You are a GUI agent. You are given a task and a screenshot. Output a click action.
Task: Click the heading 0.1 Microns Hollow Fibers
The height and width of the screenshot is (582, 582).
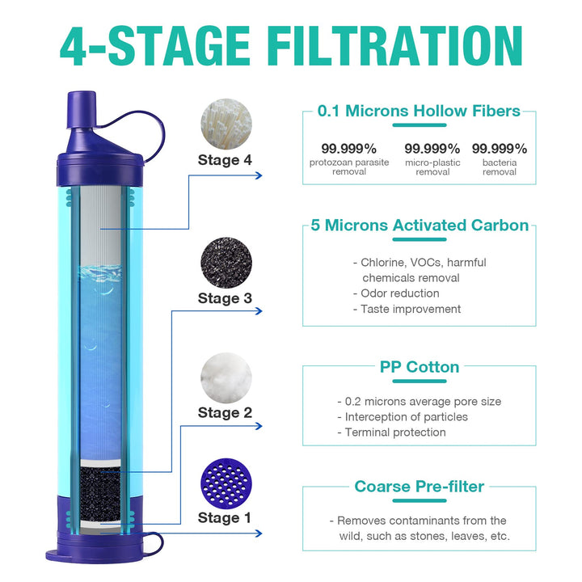click(419, 112)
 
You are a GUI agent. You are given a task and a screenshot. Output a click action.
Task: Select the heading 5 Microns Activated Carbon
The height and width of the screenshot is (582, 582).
click(420, 226)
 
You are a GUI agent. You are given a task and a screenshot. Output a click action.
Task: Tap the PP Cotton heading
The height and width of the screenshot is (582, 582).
click(420, 367)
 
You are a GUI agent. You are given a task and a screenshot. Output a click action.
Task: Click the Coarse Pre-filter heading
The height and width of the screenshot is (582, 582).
click(419, 487)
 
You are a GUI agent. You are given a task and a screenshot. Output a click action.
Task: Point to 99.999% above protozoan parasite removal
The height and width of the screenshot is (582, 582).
click(348, 149)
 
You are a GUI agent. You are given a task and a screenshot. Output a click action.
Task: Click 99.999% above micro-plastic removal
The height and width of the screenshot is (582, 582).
click(432, 149)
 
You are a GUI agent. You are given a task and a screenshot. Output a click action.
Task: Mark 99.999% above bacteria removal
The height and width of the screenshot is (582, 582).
click(500, 149)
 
